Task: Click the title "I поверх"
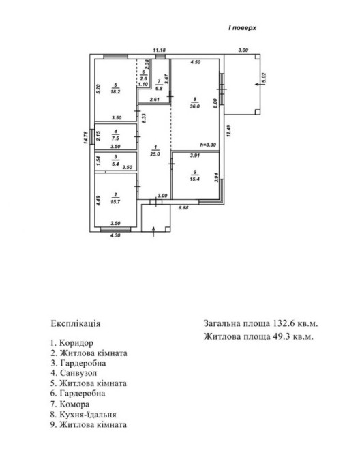(242, 28)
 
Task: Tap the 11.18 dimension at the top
(160, 50)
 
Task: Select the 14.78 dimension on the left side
(85, 138)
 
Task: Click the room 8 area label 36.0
(194, 106)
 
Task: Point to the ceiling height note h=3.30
(208, 145)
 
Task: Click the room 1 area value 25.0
(155, 154)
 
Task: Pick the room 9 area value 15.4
(194, 179)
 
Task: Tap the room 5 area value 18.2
(115, 91)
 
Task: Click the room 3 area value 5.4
(116, 164)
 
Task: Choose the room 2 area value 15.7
(115, 201)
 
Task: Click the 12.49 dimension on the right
(228, 131)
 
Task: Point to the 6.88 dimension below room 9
(183, 208)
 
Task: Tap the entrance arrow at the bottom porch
(154, 231)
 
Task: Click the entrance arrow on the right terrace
(258, 84)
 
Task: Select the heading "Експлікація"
(76, 324)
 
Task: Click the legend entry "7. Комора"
(70, 404)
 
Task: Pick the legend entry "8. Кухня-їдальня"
(83, 415)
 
